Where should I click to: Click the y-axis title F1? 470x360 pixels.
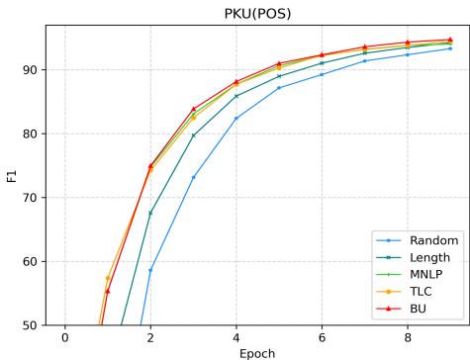[13, 175]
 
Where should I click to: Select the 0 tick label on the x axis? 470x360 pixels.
[64, 337]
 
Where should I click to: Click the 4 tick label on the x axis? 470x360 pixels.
[235, 337]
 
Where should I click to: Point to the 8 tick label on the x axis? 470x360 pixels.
[407, 337]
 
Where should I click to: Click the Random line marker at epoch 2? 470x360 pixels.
[150, 270]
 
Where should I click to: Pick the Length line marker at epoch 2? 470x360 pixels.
[150, 213]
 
